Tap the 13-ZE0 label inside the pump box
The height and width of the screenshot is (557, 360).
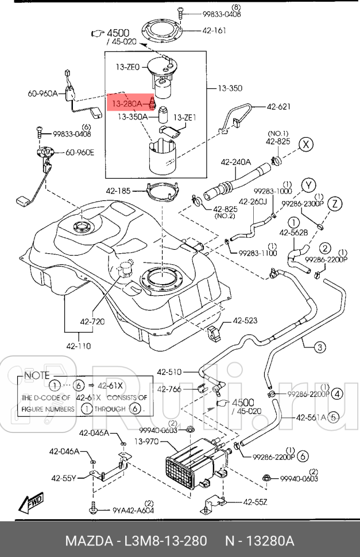pos(129,68)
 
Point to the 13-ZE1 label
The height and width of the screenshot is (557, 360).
pos(185,118)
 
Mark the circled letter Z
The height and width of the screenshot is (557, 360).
pos(336,203)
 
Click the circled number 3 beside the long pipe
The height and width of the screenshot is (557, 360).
pos(320,346)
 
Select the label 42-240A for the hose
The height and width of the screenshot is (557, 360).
pos(235,163)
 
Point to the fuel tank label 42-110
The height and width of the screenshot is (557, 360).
pos(79,346)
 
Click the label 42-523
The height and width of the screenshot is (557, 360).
pos(246,321)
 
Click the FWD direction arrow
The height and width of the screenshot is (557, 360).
pos(32,503)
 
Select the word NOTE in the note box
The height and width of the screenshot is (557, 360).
pos(37,375)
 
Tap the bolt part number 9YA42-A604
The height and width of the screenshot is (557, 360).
pos(132,509)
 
